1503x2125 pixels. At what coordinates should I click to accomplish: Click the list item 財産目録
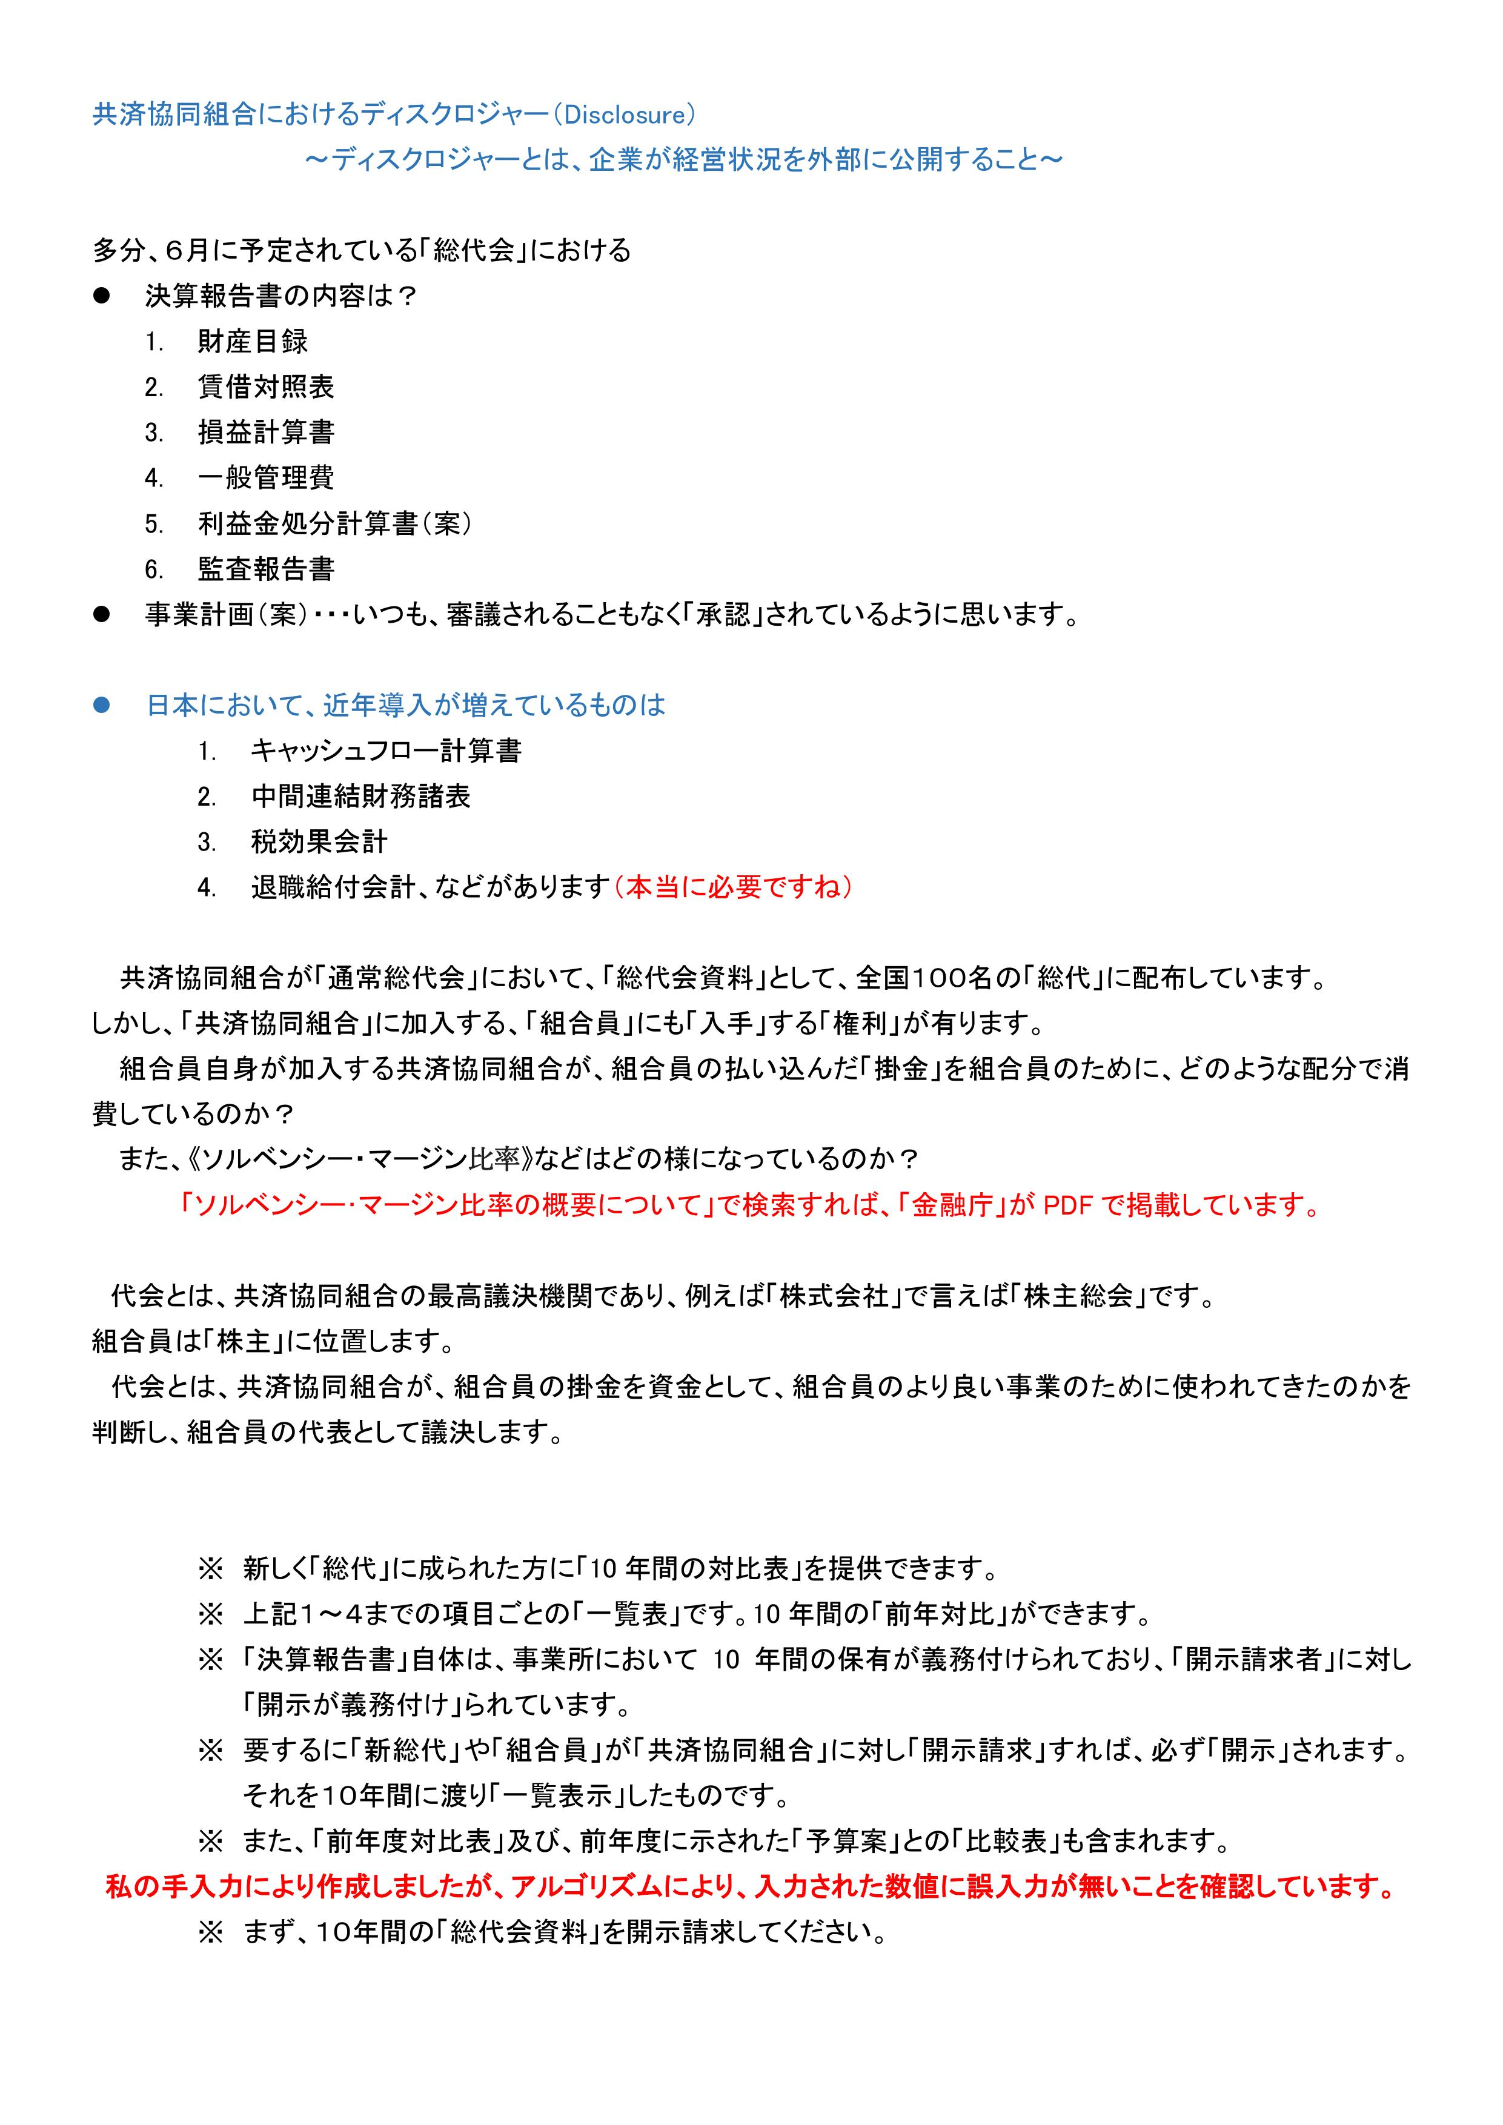point(253,342)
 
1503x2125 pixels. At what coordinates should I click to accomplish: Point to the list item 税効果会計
point(319,841)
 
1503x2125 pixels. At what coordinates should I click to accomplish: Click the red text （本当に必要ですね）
point(733,887)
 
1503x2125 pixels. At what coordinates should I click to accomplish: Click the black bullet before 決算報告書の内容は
point(102,296)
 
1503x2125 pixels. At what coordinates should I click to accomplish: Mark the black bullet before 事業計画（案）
point(102,615)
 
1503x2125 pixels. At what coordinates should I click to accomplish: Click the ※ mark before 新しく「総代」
point(210,1569)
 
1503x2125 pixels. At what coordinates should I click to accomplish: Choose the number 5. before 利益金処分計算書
point(154,525)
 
